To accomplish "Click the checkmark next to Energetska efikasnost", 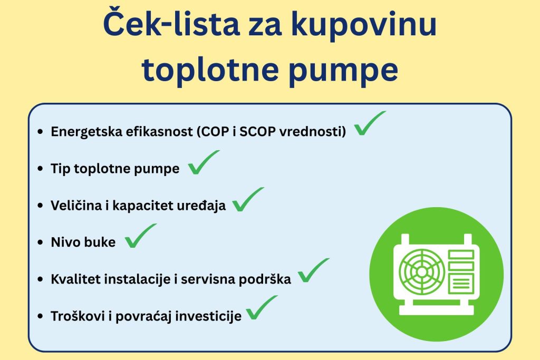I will [x=369, y=124].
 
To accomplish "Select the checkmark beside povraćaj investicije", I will [x=261, y=308].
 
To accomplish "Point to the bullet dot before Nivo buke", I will [x=41, y=243].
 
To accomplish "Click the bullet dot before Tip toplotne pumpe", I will [x=41, y=169].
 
